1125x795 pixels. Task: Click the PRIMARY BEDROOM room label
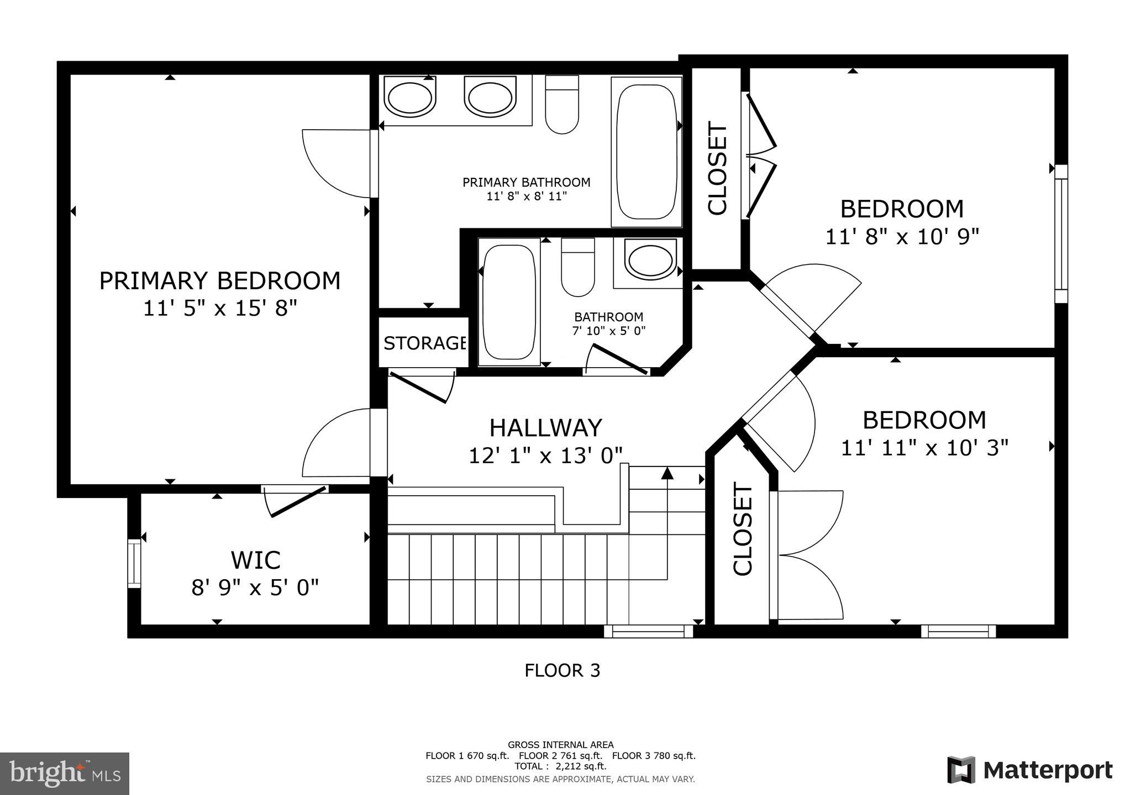(219, 281)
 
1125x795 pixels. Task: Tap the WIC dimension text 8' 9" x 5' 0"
(255, 588)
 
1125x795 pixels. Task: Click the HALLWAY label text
(545, 428)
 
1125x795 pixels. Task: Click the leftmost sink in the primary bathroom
(409, 98)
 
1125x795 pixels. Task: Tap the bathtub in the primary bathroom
(646, 152)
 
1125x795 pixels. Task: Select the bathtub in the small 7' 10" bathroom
(508, 301)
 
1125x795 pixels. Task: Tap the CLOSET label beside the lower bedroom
(743, 529)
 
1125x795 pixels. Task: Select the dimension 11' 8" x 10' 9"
(902, 237)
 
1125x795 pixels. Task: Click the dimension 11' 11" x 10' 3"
(924, 448)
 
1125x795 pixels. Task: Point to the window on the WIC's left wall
(134, 563)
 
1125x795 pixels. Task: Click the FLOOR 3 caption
(562, 671)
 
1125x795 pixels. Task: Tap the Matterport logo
(1029, 770)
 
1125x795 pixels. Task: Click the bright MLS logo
(65, 773)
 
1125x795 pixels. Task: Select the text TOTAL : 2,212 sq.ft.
(560, 766)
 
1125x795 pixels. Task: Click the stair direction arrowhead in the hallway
(667, 473)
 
